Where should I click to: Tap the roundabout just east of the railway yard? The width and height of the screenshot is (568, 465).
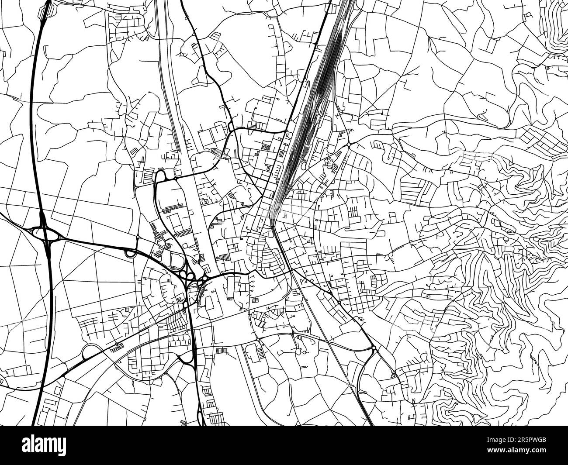click(x=349, y=144)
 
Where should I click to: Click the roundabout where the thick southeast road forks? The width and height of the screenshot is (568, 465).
click(x=374, y=348)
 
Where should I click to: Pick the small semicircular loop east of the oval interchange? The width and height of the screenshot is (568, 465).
click(x=130, y=251)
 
